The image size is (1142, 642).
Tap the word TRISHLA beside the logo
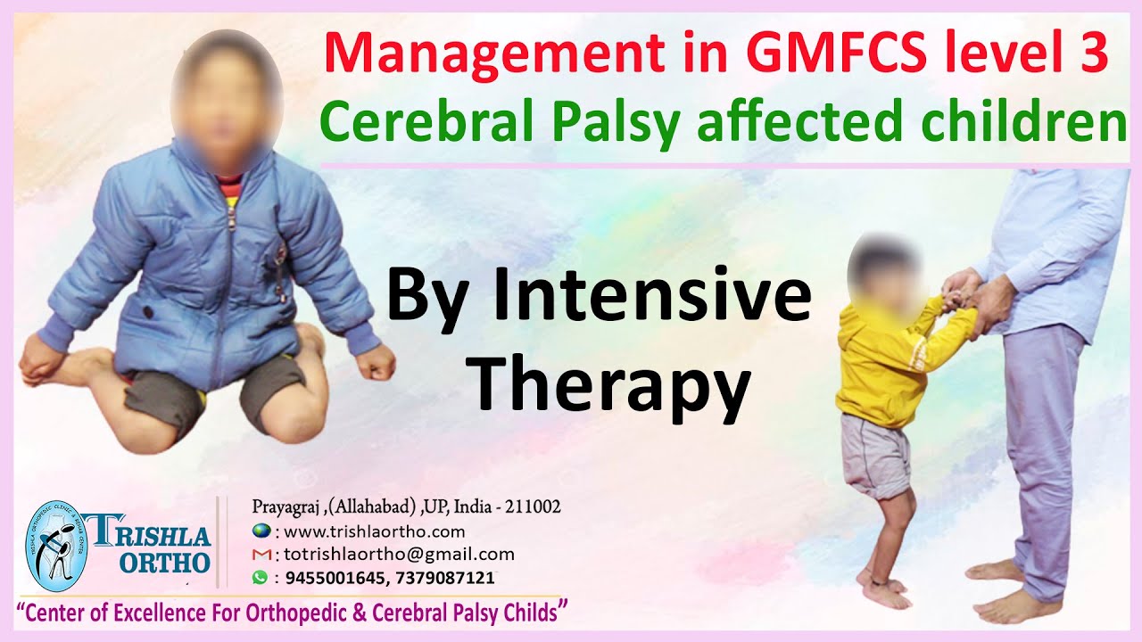[160, 537]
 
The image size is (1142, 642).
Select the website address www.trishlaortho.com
[374, 531]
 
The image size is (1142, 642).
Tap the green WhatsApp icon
[260, 578]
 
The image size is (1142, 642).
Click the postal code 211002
[533, 507]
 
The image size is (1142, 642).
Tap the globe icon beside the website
[260, 531]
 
